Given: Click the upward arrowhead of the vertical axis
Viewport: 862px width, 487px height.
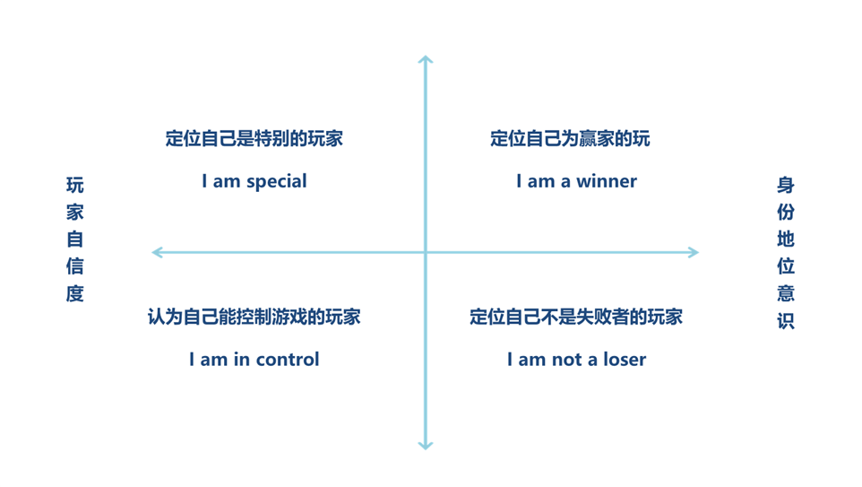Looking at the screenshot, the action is [426, 59].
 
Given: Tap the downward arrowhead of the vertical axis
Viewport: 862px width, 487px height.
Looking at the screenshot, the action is [426, 447].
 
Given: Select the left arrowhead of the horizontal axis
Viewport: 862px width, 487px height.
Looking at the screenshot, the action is [157, 253].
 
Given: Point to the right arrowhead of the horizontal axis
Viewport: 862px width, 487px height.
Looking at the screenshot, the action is [694, 253].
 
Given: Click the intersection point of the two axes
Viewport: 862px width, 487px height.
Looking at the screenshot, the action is [426, 253].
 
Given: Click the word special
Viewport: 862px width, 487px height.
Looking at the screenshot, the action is [277, 181].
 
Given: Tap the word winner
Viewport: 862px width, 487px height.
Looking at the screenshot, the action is [607, 181].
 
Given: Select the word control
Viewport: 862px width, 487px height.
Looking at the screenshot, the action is [288, 360].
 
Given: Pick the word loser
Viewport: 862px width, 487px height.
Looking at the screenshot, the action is [625, 360].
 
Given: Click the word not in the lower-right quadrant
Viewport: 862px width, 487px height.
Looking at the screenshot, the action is [566, 360].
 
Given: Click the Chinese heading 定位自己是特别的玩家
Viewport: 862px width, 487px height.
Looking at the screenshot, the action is [254, 138].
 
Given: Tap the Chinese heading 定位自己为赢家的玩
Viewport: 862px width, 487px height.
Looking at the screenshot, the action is [570, 138].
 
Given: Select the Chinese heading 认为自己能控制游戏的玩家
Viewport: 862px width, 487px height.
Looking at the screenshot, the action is [254, 317].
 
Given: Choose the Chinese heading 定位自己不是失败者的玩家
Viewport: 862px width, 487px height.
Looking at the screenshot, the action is [576, 317].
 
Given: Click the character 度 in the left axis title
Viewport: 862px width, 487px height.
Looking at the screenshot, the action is [74, 293].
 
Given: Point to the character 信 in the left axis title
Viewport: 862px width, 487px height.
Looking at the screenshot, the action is [74, 266].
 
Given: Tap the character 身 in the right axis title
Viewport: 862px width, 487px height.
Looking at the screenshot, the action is [786, 185].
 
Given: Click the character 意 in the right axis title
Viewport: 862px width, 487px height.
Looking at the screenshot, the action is [786, 293].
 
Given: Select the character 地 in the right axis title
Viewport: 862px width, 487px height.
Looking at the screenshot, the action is [786, 239].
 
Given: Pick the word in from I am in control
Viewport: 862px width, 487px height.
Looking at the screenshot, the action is [242, 360].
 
